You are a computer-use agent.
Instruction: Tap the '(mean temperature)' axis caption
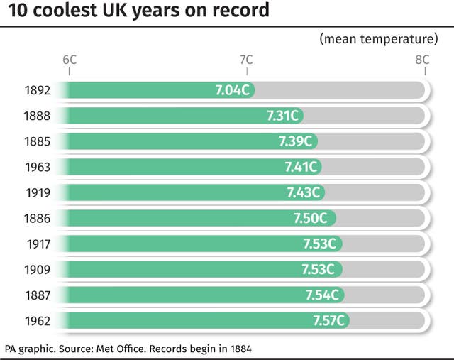click(x=378, y=38)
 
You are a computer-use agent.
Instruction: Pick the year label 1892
click(x=37, y=91)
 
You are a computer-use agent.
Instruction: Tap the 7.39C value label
click(x=294, y=141)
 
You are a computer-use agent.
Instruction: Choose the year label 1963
click(x=37, y=168)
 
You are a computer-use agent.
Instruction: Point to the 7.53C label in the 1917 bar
click(x=319, y=244)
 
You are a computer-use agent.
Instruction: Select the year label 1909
click(x=37, y=270)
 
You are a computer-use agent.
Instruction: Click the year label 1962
click(x=37, y=321)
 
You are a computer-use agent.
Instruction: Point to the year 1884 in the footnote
click(x=238, y=349)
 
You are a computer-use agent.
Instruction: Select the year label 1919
click(x=37, y=193)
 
